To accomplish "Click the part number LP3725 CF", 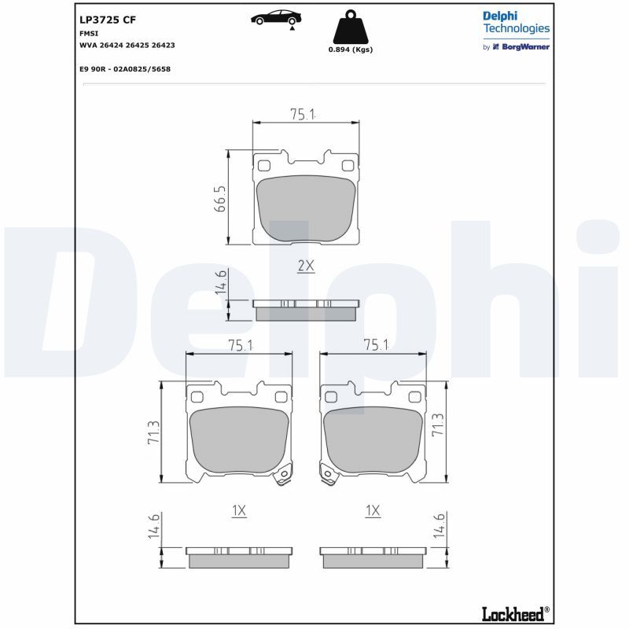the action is pyautogui.click(x=108, y=20).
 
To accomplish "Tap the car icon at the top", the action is pyautogui.click(x=276, y=18).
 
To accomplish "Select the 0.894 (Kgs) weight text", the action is pyautogui.click(x=350, y=50).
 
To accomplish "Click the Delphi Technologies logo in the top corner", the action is pyautogui.click(x=516, y=31).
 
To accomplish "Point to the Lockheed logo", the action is pyautogui.click(x=516, y=613).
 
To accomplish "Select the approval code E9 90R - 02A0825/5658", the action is pyautogui.click(x=125, y=69).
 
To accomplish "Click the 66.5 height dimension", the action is pyautogui.click(x=221, y=198).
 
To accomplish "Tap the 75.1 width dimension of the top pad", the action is pyautogui.click(x=303, y=114).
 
